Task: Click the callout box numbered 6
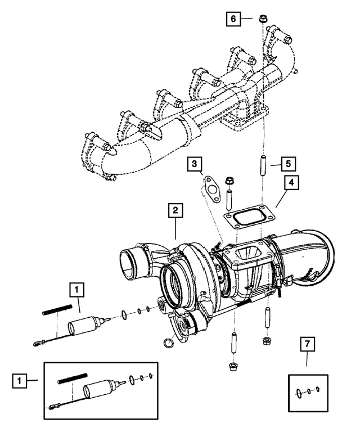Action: [x=232, y=19]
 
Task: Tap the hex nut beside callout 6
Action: [x=263, y=21]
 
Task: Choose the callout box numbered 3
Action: [x=193, y=164]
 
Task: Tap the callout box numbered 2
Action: [x=175, y=211]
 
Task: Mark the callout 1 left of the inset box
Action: [x=20, y=381]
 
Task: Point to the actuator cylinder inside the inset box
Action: [x=100, y=390]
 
